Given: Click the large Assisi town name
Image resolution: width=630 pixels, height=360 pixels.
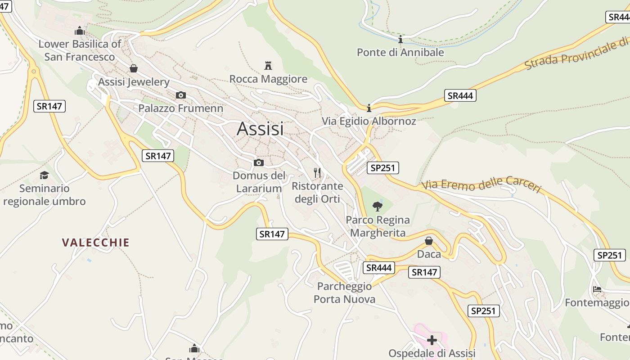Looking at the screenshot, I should (x=260, y=129).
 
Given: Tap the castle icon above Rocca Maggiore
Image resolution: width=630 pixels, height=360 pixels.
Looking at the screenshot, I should (x=268, y=66).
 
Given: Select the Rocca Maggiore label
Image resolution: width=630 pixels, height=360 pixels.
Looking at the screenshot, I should (x=268, y=79).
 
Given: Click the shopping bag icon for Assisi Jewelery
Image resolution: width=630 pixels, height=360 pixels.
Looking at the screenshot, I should (x=133, y=68).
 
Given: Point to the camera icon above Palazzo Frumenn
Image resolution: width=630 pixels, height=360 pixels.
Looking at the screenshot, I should (x=180, y=95).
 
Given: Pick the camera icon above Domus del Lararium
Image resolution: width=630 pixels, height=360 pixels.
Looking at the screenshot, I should (x=259, y=162).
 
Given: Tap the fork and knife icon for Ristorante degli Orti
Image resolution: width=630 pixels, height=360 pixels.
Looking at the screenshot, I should (x=317, y=172).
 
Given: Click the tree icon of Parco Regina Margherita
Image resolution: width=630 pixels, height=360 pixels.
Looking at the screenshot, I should (x=378, y=207).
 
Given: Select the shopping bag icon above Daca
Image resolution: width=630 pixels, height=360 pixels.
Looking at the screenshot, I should (x=429, y=241).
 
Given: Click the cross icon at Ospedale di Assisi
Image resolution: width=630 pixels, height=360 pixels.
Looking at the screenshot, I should (x=432, y=340).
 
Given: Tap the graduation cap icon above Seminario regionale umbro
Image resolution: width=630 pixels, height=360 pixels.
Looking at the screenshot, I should (x=44, y=175).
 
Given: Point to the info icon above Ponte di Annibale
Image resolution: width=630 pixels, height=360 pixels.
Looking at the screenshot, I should (x=400, y=39).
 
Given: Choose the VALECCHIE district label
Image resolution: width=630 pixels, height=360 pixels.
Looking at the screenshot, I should (x=96, y=243).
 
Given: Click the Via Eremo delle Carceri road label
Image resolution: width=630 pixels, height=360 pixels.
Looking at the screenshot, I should (x=481, y=184).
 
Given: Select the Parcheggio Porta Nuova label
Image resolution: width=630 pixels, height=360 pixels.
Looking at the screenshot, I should (x=344, y=292).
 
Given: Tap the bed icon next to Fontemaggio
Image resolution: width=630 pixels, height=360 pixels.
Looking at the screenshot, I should (x=597, y=289).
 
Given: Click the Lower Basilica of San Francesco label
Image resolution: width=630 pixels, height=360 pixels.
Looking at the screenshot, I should (x=80, y=50).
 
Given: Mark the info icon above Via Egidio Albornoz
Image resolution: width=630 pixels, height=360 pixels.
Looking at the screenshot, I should (x=369, y=108).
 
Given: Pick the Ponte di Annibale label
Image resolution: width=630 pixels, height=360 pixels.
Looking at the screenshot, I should (x=400, y=52).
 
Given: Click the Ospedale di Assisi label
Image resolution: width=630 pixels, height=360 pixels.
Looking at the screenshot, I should (x=432, y=353).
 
